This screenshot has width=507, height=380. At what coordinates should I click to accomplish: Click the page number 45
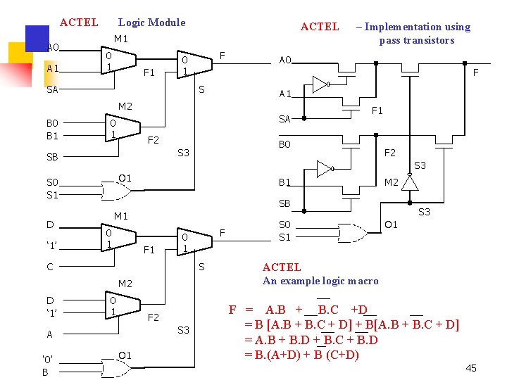(x=471, y=368)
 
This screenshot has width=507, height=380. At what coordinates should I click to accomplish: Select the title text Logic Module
(x=151, y=23)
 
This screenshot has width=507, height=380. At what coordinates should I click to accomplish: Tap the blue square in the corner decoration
(x=36, y=37)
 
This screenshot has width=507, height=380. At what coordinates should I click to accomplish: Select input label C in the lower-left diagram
(x=50, y=267)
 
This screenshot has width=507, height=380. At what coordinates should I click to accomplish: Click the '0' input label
(x=46, y=359)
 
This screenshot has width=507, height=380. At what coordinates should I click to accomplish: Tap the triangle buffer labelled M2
(x=410, y=183)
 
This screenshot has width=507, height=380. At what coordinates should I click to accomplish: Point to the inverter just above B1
(x=325, y=168)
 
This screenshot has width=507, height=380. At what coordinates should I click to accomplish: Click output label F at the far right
(x=476, y=72)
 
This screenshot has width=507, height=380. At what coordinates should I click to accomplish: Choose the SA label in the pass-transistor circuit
(x=285, y=119)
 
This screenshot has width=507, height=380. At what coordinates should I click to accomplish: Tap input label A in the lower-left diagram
(x=50, y=334)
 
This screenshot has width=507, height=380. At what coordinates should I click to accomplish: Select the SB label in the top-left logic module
(x=52, y=156)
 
